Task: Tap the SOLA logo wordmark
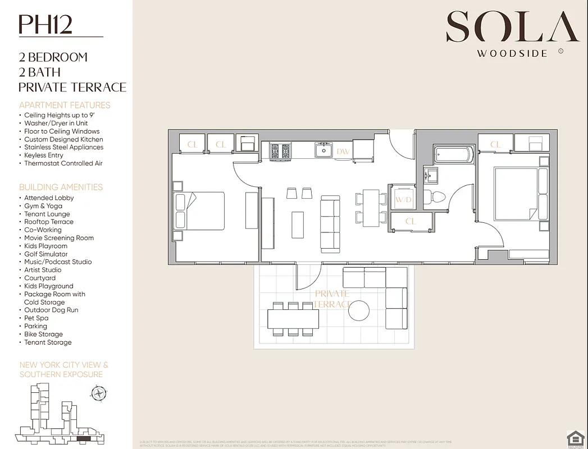point(512,27)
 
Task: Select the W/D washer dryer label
point(403,199)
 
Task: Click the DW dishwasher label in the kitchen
point(342,151)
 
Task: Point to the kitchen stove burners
point(280,151)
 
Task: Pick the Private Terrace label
point(332,299)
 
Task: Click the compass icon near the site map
point(99,393)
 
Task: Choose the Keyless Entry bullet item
point(44,155)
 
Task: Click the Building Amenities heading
point(61,187)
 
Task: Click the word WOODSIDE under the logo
point(512,54)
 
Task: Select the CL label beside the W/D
point(411,221)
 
